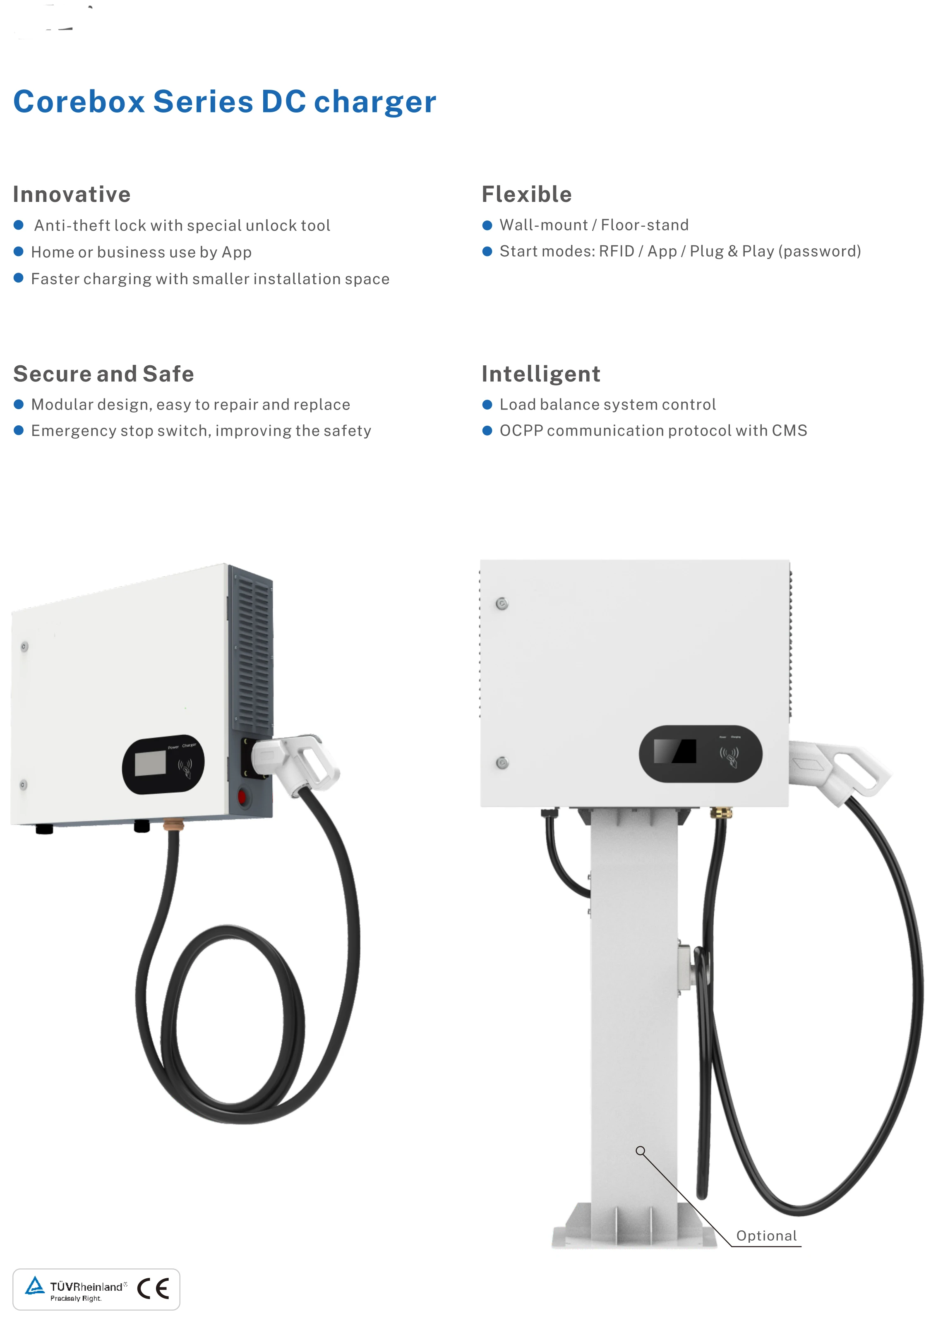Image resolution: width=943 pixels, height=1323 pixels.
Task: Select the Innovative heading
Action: (72, 194)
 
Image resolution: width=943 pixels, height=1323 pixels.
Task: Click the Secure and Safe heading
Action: (103, 374)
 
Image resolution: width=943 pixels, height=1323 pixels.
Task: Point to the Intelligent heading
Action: (540, 374)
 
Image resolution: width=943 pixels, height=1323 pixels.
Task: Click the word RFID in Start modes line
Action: (616, 252)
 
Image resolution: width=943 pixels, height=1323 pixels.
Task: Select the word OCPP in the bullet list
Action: (521, 431)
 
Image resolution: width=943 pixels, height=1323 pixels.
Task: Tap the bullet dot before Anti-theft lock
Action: (19, 225)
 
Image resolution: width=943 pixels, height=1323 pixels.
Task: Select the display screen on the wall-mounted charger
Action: (150, 763)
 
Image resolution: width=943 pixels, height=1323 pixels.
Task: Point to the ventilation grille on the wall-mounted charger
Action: (253, 653)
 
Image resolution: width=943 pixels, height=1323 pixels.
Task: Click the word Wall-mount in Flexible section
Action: (544, 225)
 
